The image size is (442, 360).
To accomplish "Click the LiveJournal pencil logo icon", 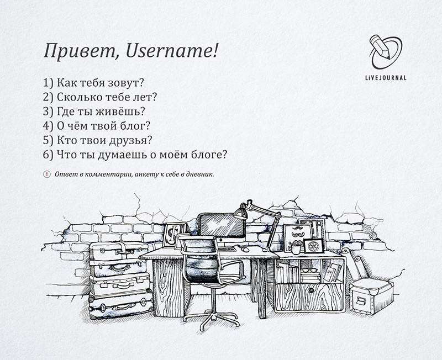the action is point(386,52).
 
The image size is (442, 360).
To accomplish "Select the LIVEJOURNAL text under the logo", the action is point(386,78).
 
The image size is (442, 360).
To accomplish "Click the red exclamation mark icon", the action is point(47,174).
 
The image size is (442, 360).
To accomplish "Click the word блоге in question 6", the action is point(209,155).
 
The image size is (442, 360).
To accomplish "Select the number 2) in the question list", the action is point(48,97).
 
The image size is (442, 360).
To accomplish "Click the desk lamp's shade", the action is point(240,211).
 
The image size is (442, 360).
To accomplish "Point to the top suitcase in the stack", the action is point(119,251).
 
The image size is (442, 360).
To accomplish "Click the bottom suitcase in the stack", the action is point(120,305).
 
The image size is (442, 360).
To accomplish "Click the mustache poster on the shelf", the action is point(294,238).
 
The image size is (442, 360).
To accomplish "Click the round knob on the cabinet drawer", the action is point(311,290).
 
